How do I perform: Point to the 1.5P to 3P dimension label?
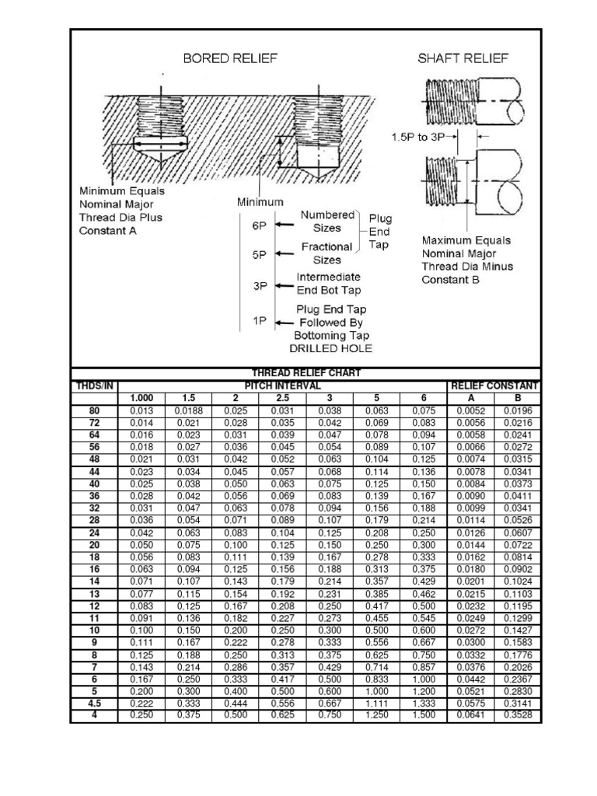[420, 134]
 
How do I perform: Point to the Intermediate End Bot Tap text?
[328, 284]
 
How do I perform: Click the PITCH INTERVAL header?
[283, 386]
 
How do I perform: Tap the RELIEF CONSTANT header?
[494, 386]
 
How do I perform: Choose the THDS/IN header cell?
[94, 386]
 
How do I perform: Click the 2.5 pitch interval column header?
[282, 398]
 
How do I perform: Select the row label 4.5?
[94, 703]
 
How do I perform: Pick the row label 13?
[94, 593]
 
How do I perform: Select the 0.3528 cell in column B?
[518, 715]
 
